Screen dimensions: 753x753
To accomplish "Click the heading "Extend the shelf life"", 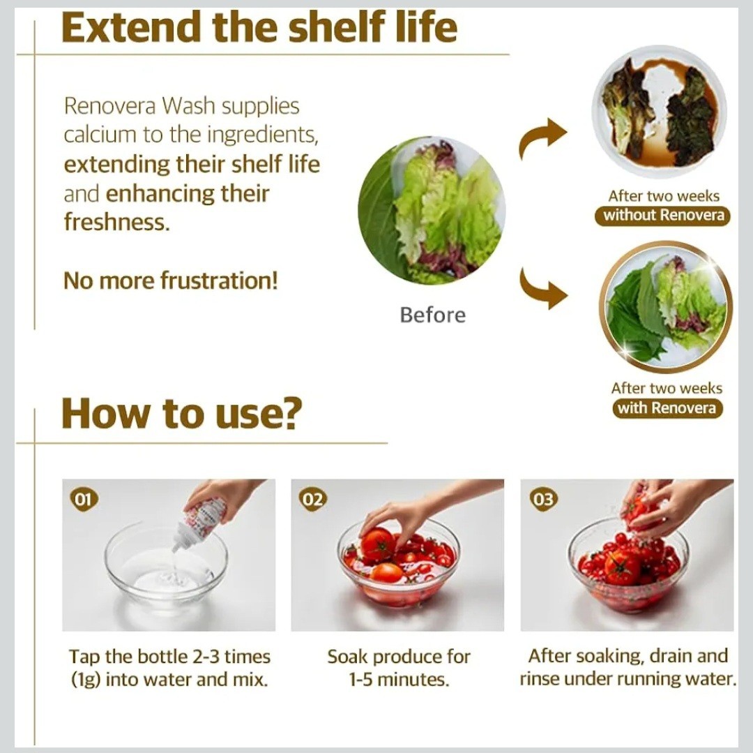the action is (259, 27).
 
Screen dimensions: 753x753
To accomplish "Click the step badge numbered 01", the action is (84, 499).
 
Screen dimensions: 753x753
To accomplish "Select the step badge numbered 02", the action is (313, 499).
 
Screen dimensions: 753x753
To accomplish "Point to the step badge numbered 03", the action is (543, 499).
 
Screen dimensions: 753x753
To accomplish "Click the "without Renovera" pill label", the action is (663, 215).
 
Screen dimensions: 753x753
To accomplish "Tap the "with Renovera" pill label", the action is (667, 408).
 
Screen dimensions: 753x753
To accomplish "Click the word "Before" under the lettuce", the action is (433, 315).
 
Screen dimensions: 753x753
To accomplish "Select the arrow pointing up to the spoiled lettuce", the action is (542, 136).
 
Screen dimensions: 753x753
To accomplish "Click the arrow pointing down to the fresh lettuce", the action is (542, 288).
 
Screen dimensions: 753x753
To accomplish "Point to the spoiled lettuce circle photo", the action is (660, 112).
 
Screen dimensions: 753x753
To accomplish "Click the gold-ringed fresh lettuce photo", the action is (666, 308).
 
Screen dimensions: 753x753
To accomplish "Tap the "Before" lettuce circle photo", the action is (432, 211).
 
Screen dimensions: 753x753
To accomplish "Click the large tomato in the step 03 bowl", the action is (623, 567).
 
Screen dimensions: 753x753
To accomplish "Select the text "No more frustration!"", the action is (171, 281).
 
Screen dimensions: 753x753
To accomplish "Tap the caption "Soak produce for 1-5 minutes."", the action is (399, 668).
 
